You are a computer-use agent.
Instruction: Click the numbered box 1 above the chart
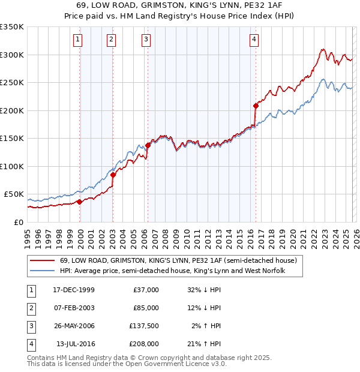pos(79,40)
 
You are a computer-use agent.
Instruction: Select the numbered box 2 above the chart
pos(112,40)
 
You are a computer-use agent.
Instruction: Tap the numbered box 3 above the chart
pos(146,40)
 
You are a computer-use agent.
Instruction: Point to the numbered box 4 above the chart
pos(254,40)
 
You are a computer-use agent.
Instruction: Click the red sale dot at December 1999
pos(80,202)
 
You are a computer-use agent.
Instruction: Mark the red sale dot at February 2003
pos(113,175)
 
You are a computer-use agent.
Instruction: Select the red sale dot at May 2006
pos(148,145)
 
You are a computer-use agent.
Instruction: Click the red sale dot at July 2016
pos(256,106)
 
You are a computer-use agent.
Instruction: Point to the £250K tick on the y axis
pos(12,83)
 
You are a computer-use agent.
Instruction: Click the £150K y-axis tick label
pos(12,139)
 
